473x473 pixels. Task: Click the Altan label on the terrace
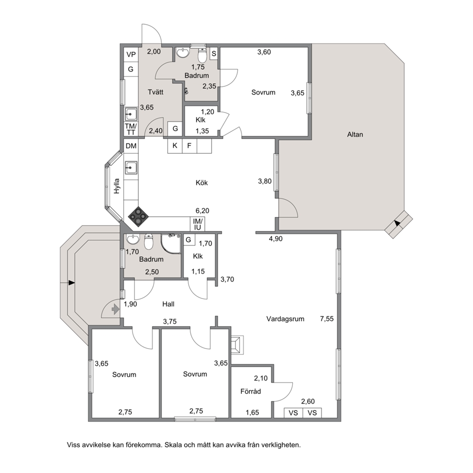click(355, 134)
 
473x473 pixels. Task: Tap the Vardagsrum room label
click(285, 319)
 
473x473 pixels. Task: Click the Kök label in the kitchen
click(202, 183)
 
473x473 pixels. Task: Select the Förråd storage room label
click(250, 391)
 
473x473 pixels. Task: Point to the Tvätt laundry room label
click(155, 92)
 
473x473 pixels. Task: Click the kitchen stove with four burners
click(138, 216)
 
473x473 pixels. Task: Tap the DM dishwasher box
click(131, 146)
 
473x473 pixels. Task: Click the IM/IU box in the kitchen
click(197, 225)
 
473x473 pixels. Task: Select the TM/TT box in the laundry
click(131, 129)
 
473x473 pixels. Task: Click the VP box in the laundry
click(131, 55)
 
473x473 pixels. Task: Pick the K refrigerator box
click(175, 146)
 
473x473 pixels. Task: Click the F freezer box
click(189, 146)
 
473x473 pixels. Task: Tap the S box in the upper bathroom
click(214, 54)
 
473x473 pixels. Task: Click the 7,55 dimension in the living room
click(327, 319)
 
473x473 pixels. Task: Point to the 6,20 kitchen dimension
click(203, 211)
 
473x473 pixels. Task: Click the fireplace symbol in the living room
click(237, 344)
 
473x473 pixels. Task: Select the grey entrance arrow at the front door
click(115, 309)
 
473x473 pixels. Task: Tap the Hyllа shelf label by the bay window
click(117, 186)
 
